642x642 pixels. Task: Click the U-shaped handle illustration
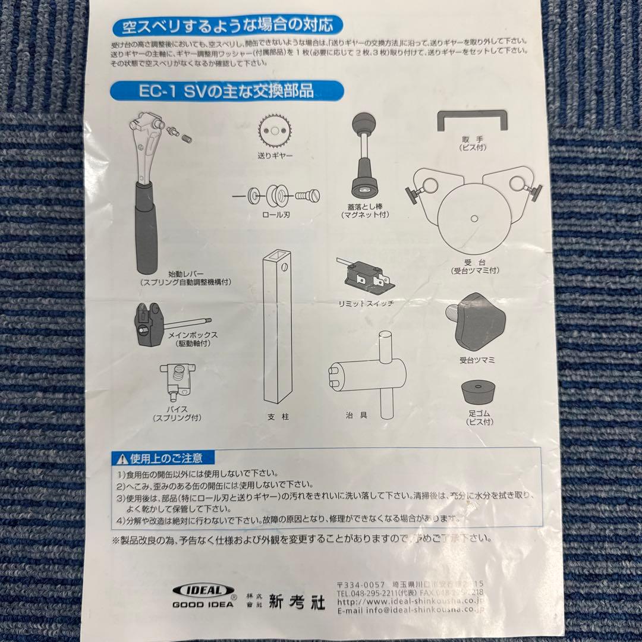pyautogui.click(x=472, y=122)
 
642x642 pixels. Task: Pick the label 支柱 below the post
pyautogui.click(x=278, y=417)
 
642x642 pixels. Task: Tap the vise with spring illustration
pyautogui.click(x=175, y=380)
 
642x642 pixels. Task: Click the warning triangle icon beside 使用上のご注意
pyautogui.click(x=121, y=458)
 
